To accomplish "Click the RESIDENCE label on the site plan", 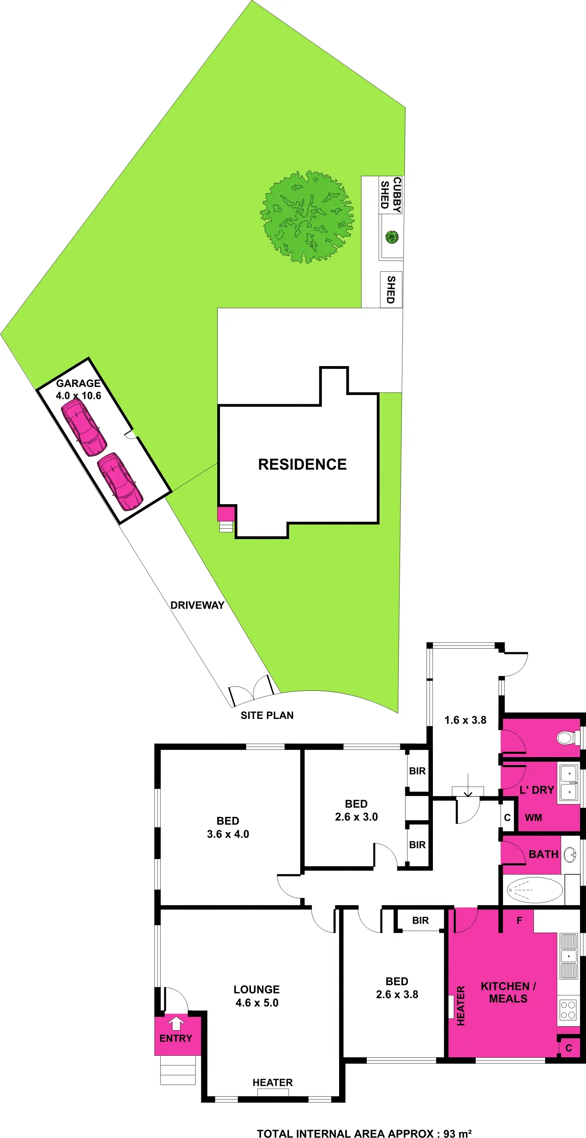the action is (302, 464).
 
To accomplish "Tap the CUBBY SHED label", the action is (391, 195).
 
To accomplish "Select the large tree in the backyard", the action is (307, 217).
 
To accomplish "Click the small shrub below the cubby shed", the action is (392, 237).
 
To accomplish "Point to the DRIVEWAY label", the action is (197, 605).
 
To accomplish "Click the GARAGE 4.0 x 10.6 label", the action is (79, 389).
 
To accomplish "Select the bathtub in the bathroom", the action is (534, 890).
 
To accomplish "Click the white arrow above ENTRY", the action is (176, 1023).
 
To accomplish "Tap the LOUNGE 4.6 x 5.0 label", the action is (257, 996).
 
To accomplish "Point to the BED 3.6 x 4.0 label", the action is (228, 827).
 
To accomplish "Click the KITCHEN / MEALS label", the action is (508, 992).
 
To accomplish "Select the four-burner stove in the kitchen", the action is (568, 1010).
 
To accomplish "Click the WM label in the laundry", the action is (533, 817).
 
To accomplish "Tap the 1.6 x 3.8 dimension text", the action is (465, 720).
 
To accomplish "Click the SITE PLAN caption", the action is (267, 715).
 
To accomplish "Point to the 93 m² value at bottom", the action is (457, 1133).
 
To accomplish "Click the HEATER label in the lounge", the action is (273, 1082).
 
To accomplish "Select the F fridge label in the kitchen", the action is (519, 920).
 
